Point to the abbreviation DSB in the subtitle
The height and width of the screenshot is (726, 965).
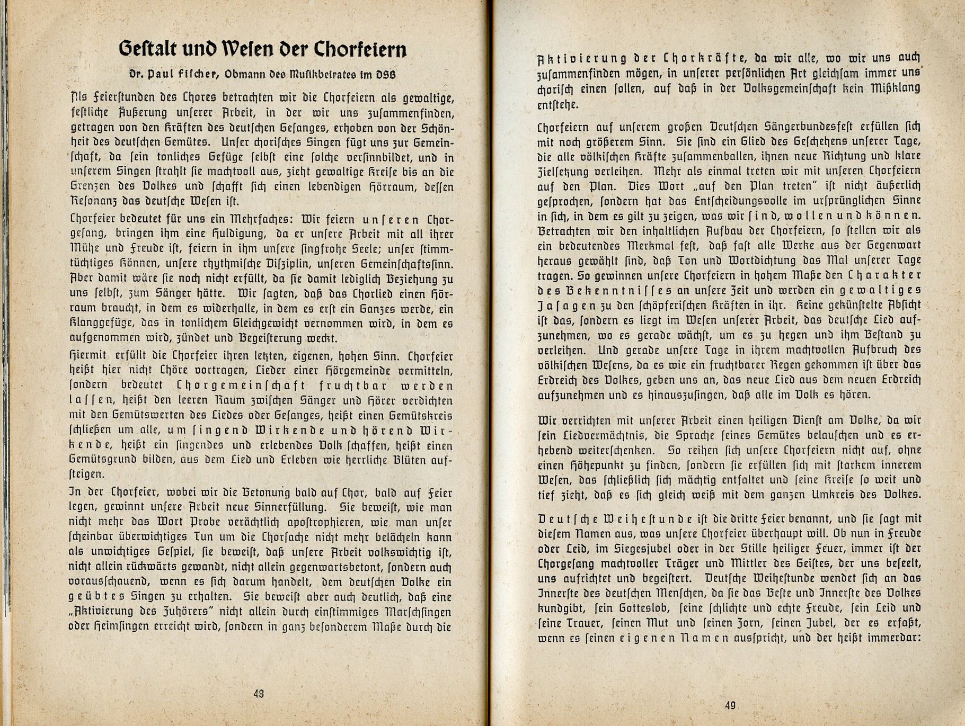coord(386,75)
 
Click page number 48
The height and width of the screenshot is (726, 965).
coord(259,693)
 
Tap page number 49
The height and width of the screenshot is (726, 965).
coord(730,705)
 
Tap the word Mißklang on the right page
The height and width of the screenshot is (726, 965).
coord(895,88)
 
